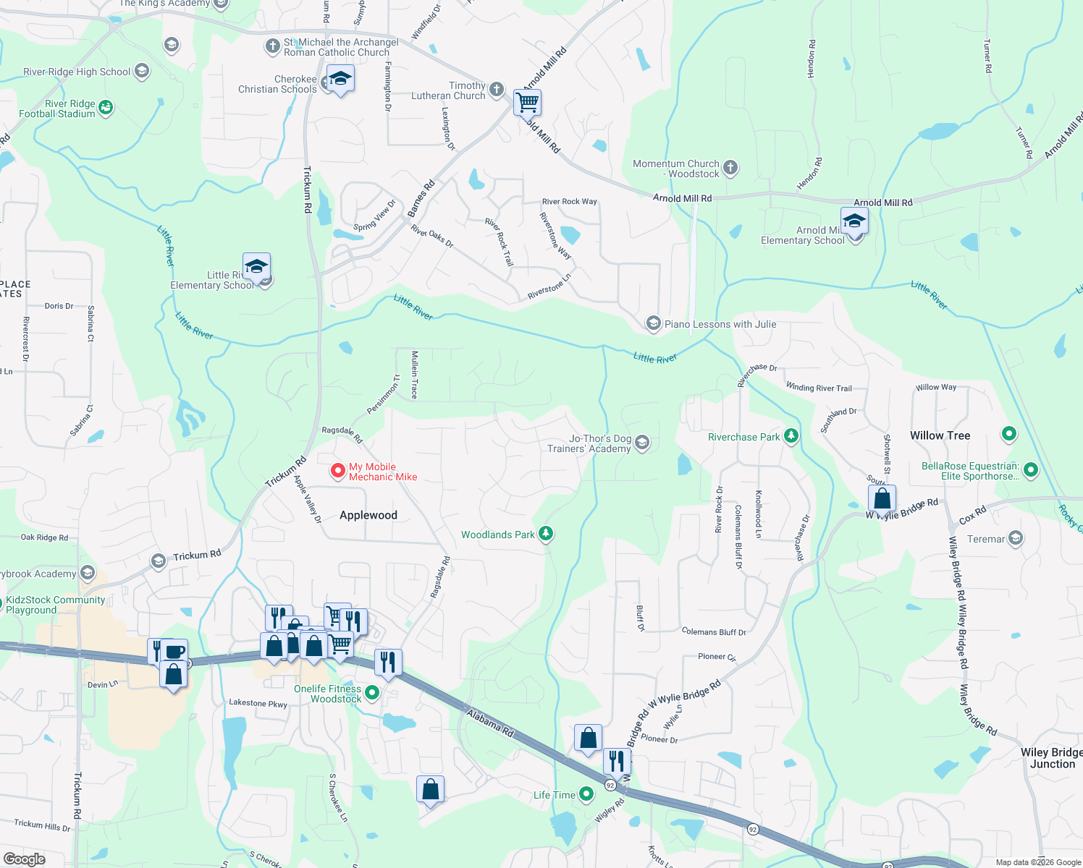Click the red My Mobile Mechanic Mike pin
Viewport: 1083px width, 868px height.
point(337,471)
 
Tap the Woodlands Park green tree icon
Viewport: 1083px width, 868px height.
point(546,534)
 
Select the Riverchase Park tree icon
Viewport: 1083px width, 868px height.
point(791,436)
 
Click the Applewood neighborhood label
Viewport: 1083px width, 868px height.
point(368,515)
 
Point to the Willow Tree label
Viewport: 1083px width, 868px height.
point(940,435)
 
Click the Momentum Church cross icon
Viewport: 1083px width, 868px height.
point(730,168)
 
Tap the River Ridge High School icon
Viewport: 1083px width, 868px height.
point(142,71)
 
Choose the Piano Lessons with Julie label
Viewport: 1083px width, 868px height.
point(720,324)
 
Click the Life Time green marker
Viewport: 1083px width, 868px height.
point(586,794)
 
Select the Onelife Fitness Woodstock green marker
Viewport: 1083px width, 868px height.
point(372,693)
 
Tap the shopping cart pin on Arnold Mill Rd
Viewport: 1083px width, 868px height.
point(527,102)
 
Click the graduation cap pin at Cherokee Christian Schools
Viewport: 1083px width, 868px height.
point(340,78)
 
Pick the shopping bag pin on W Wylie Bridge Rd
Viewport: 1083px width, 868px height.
point(882,498)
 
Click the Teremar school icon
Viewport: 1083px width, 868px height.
point(1016,538)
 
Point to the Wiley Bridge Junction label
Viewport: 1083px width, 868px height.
point(1051,758)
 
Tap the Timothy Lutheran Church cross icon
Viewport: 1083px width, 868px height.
point(496,90)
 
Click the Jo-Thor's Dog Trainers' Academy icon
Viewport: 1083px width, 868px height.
point(642,443)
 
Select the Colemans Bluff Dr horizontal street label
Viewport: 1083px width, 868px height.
point(713,631)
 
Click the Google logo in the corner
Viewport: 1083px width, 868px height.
point(25,859)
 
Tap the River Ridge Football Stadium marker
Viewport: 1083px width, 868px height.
point(106,108)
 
